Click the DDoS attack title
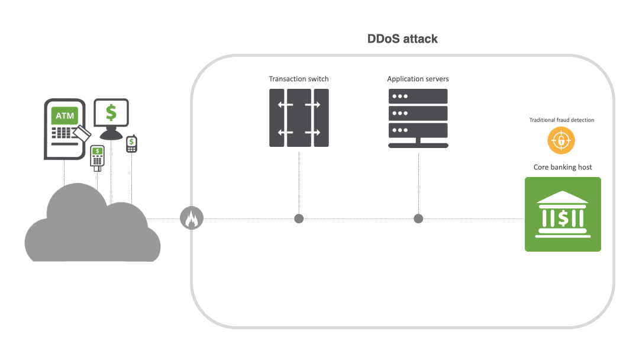[x=402, y=39]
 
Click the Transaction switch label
[x=299, y=79]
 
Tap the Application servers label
[x=418, y=79]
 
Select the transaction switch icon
[x=299, y=118]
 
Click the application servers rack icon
[x=418, y=118]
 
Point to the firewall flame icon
[x=191, y=218]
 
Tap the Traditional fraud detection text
[x=561, y=120]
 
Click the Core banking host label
[x=563, y=167]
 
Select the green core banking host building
[x=563, y=214]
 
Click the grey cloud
[x=89, y=228]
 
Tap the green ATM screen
[x=64, y=115]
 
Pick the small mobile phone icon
[x=131, y=144]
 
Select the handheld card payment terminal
[x=97, y=157]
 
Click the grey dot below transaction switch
[x=299, y=218]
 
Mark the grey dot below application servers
[x=418, y=218]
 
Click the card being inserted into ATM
[x=83, y=134]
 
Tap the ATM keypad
[x=61, y=133]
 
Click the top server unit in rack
[x=418, y=96]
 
